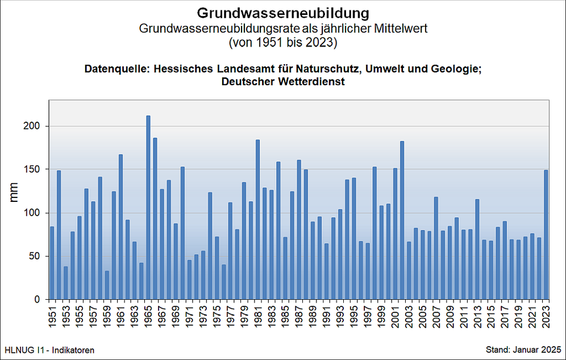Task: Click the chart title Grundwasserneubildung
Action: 283,13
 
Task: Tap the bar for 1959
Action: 107,285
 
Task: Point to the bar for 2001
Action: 396,234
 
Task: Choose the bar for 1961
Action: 121,227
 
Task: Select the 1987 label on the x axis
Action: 299,316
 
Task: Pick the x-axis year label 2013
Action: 477,316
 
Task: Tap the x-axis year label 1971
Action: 189,316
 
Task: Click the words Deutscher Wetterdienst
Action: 283,82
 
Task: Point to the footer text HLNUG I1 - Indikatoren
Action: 49,349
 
